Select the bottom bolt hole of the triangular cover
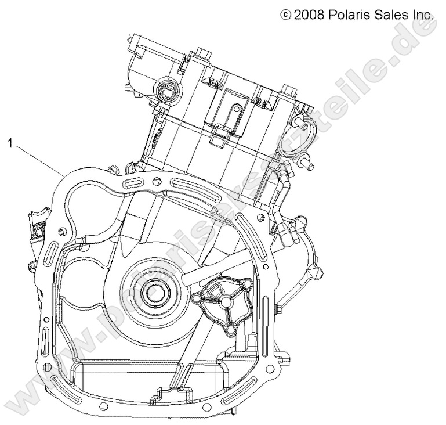point(230,331)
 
